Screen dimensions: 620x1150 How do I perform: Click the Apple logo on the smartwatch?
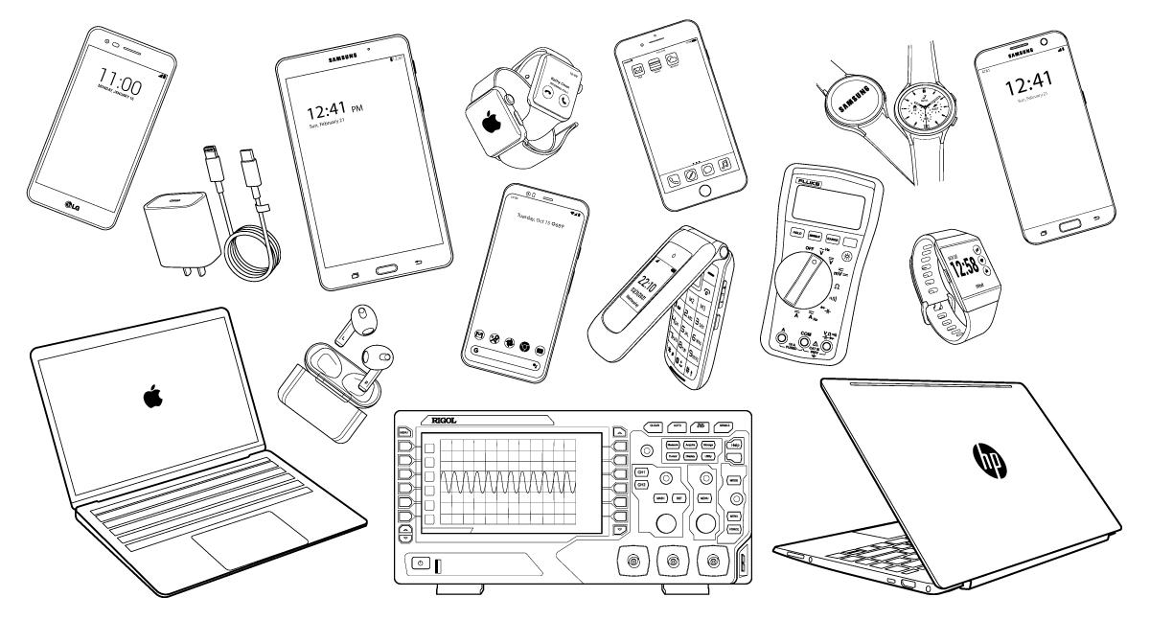coord(492,123)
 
